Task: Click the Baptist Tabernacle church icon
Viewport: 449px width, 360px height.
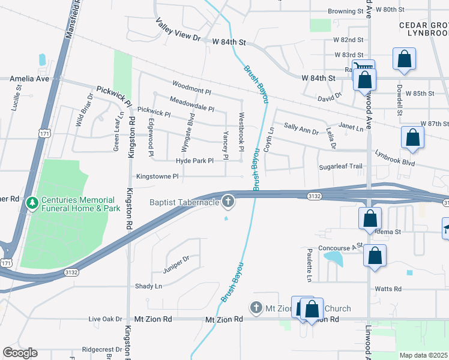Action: [228, 202]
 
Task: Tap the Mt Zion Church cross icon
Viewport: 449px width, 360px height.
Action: [256, 308]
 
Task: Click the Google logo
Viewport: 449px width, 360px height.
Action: [20, 353]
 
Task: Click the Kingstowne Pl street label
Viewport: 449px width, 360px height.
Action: [157, 176]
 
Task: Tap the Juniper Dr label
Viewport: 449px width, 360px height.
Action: [177, 259]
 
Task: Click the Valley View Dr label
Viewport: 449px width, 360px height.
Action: [178, 29]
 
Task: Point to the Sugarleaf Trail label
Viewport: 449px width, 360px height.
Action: [341, 166]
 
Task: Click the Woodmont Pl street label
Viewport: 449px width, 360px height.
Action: [191, 88]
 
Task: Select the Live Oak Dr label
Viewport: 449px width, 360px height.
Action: [105, 319]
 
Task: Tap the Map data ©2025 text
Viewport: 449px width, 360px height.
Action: [424, 355]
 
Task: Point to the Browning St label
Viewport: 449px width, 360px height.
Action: [342, 11]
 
